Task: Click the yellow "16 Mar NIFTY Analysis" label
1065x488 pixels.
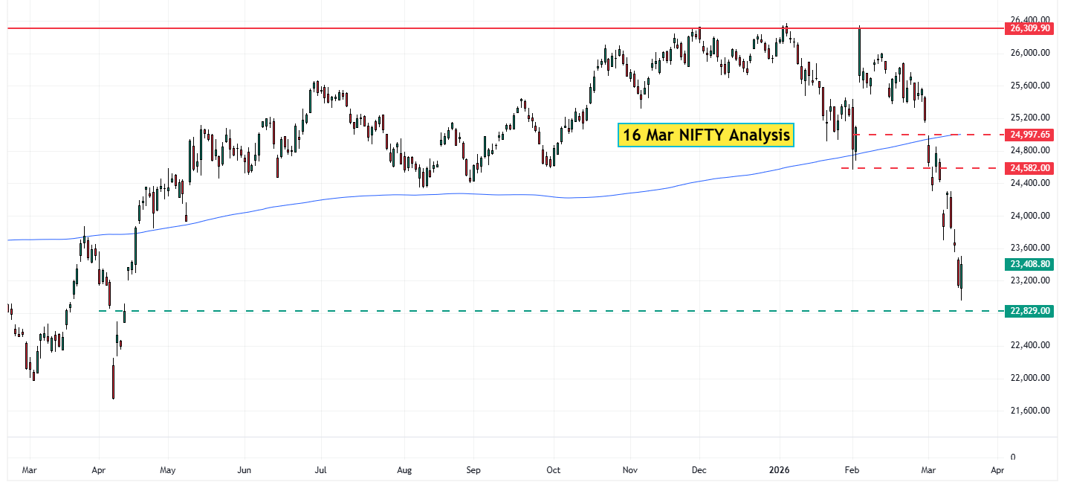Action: (x=705, y=135)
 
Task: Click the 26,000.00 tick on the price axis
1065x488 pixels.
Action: (x=1029, y=53)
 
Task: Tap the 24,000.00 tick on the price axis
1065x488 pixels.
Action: (x=1029, y=216)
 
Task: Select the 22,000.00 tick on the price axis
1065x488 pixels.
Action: (x=1029, y=378)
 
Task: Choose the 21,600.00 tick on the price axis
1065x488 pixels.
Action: (x=1029, y=411)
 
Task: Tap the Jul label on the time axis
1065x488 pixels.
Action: (x=321, y=471)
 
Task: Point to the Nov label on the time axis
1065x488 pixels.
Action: (x=629, y=471)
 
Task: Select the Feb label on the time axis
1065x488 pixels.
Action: (x=852, y=471)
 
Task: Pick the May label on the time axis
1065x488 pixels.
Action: (x=167, y=471)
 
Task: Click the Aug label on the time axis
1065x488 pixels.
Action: (x=404, y=471)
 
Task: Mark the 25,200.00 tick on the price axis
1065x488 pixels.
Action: (x=1029, y=118)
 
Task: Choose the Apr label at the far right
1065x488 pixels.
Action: (x=997, y=471)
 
